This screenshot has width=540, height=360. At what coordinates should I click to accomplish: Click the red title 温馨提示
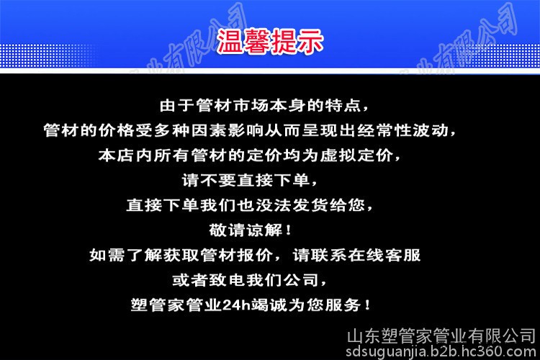point(270,41)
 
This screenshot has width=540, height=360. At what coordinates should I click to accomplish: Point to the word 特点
point(342,105)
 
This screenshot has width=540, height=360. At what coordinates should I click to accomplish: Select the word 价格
point(116,130)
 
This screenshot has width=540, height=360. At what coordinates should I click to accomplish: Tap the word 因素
point(209,130)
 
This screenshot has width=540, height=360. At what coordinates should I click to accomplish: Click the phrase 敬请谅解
point(246,230)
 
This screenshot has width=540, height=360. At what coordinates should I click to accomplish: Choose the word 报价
point(255,256)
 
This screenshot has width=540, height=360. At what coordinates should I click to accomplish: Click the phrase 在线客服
point(384,256)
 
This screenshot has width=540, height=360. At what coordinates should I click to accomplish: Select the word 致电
point(228,280)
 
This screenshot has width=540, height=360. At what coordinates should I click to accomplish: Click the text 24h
point(236,305)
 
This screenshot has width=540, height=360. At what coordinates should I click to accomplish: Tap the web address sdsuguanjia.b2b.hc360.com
point(441,351)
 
